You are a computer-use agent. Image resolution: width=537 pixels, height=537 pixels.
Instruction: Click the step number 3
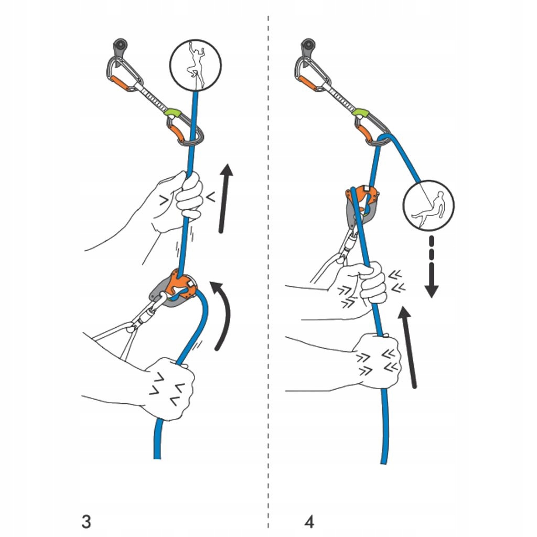[x=87, y=522]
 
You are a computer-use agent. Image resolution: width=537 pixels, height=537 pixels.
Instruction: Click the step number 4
[x=309, y=522]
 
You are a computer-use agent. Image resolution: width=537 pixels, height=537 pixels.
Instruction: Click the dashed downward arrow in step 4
[x=432, y=267]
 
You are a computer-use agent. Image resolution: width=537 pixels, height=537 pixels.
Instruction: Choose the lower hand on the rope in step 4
[x=378, y=362]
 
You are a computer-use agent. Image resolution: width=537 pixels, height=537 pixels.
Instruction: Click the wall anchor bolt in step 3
[x=120, y=46]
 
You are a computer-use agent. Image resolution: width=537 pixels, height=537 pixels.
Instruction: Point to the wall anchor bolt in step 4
[x=308, y=46]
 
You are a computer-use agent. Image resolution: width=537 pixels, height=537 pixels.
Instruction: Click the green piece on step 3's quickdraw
[x=171, y=112]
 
